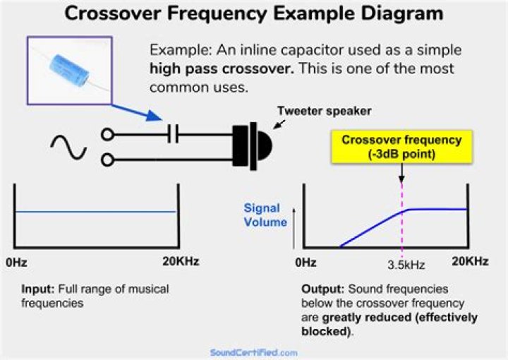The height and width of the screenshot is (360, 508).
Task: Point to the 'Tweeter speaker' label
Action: click(323, 111)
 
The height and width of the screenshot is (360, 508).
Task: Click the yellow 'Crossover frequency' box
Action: click(401, 147)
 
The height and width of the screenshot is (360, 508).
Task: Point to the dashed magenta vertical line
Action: click(401, 226)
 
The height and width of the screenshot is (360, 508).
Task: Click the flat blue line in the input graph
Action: click(95, 212)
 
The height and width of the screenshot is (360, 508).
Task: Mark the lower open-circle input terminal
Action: click(107, 160)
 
